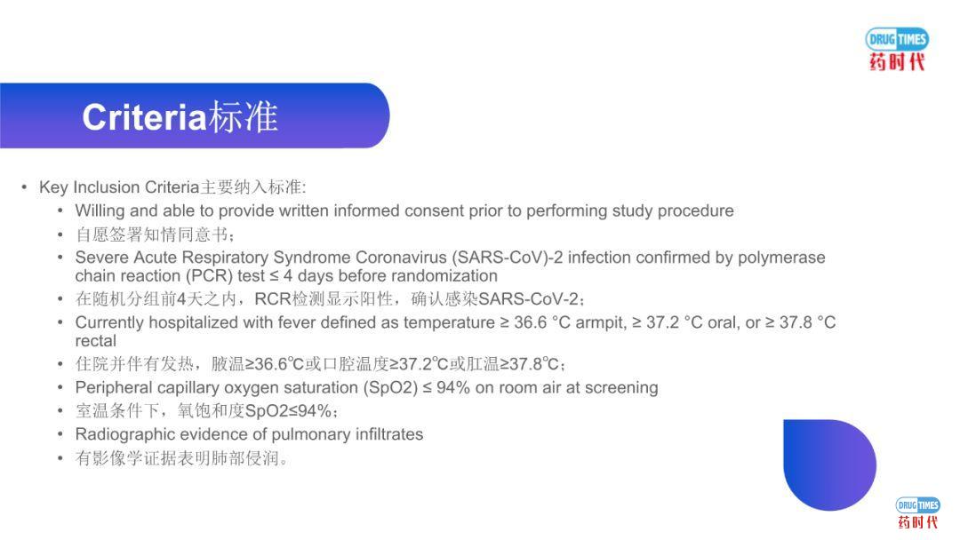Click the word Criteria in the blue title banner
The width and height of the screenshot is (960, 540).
(x=144, y=117)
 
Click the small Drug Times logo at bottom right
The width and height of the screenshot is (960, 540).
(x=917, y=512)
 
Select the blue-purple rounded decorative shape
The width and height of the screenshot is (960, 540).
(x=828, y=464)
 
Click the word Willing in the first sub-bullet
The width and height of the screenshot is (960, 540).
(x=100, y=211)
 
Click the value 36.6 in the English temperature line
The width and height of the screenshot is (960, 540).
(x=531, y=322)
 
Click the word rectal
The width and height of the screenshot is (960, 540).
(x=96, y=341)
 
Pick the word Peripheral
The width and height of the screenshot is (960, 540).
(x=113, y=388)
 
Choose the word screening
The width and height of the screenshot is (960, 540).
(x=621, y=388)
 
